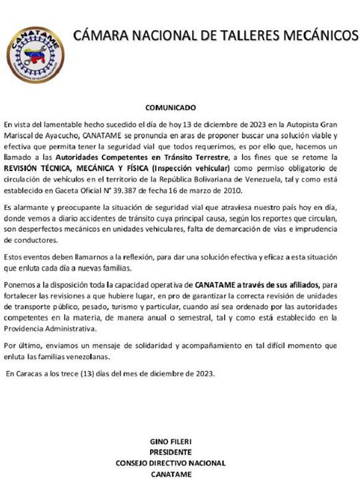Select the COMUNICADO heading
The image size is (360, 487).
171,107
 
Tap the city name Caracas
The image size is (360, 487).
29,374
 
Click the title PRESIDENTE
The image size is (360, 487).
171,452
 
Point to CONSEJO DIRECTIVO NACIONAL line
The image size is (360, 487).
171,463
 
